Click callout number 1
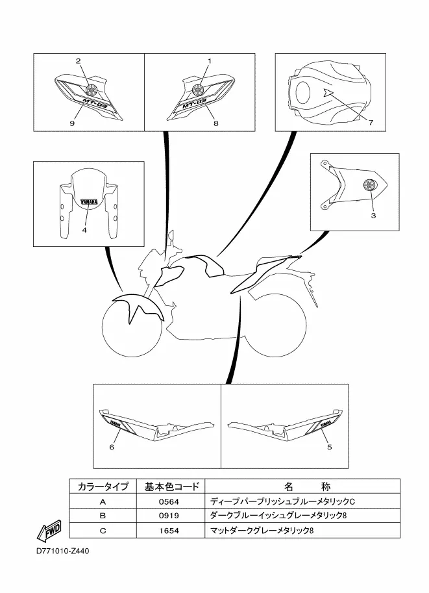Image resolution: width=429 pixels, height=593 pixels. (x=210, y=61)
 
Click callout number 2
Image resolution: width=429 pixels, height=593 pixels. (x=78, y=61)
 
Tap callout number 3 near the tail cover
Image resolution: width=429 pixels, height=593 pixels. (x=373, y=216)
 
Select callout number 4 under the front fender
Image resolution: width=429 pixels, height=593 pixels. (x=84, y=229)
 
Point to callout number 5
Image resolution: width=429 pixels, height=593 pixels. (x=329, y=447)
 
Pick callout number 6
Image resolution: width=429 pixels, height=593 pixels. (x=112, y=447)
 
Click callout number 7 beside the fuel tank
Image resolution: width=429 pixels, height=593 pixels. (x=371, y=122)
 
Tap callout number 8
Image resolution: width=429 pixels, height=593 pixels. (x=215, y=122)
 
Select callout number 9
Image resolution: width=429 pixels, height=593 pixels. (x=72, y=122)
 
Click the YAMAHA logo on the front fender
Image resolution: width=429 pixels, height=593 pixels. (x=89, y=202)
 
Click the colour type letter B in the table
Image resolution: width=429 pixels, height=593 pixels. (x=102, y=516)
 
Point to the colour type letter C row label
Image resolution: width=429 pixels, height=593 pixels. (x=102, y=531)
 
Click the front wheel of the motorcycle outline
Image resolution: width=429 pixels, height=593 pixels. (x=132, y=329)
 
